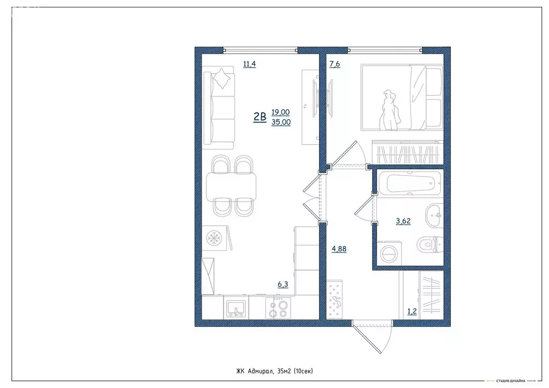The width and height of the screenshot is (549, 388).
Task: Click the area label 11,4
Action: click(249, 65)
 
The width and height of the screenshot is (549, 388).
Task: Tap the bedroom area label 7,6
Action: click(335, 65)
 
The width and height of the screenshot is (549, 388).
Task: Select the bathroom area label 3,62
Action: click(403, 221)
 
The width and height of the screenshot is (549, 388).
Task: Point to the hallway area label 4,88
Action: click(339, 248)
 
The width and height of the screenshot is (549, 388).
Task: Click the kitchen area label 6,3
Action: click(283, 285)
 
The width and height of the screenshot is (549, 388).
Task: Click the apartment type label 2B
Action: click(260, 116)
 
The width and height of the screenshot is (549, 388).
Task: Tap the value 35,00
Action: click(280, 122)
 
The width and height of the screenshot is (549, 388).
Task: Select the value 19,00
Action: click(280, 112)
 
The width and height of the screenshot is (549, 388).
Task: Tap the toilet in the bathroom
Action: click(431, 245)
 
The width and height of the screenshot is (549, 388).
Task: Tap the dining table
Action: click(232, 185)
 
